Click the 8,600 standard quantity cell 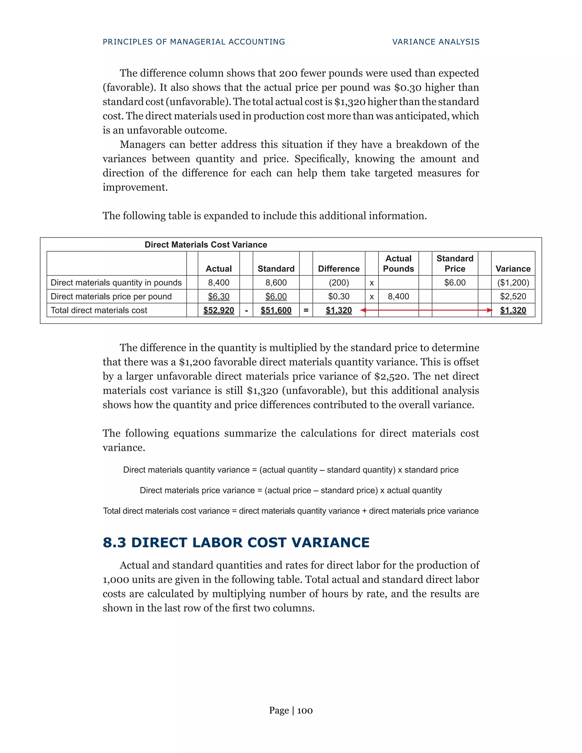coord(276,283)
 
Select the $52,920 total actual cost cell coord(219,310)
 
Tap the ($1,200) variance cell coord(513,283)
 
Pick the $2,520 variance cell coord(513,296)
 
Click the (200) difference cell coord(338,283)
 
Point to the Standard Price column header coord(455,263)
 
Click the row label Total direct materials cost coord(99,310)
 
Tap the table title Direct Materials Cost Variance coord(206,244)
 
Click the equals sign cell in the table coord(306,310)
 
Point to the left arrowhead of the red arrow coord(363,310)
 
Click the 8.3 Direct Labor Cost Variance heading coord(236,542)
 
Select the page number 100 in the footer coord(305,710)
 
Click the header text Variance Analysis coord(436,42)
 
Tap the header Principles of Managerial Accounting coord(194,42)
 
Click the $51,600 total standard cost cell coord(276,310)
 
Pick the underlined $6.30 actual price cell coord(219,296)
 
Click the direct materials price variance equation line coord(291,490)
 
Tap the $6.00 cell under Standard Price coord(455,283)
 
